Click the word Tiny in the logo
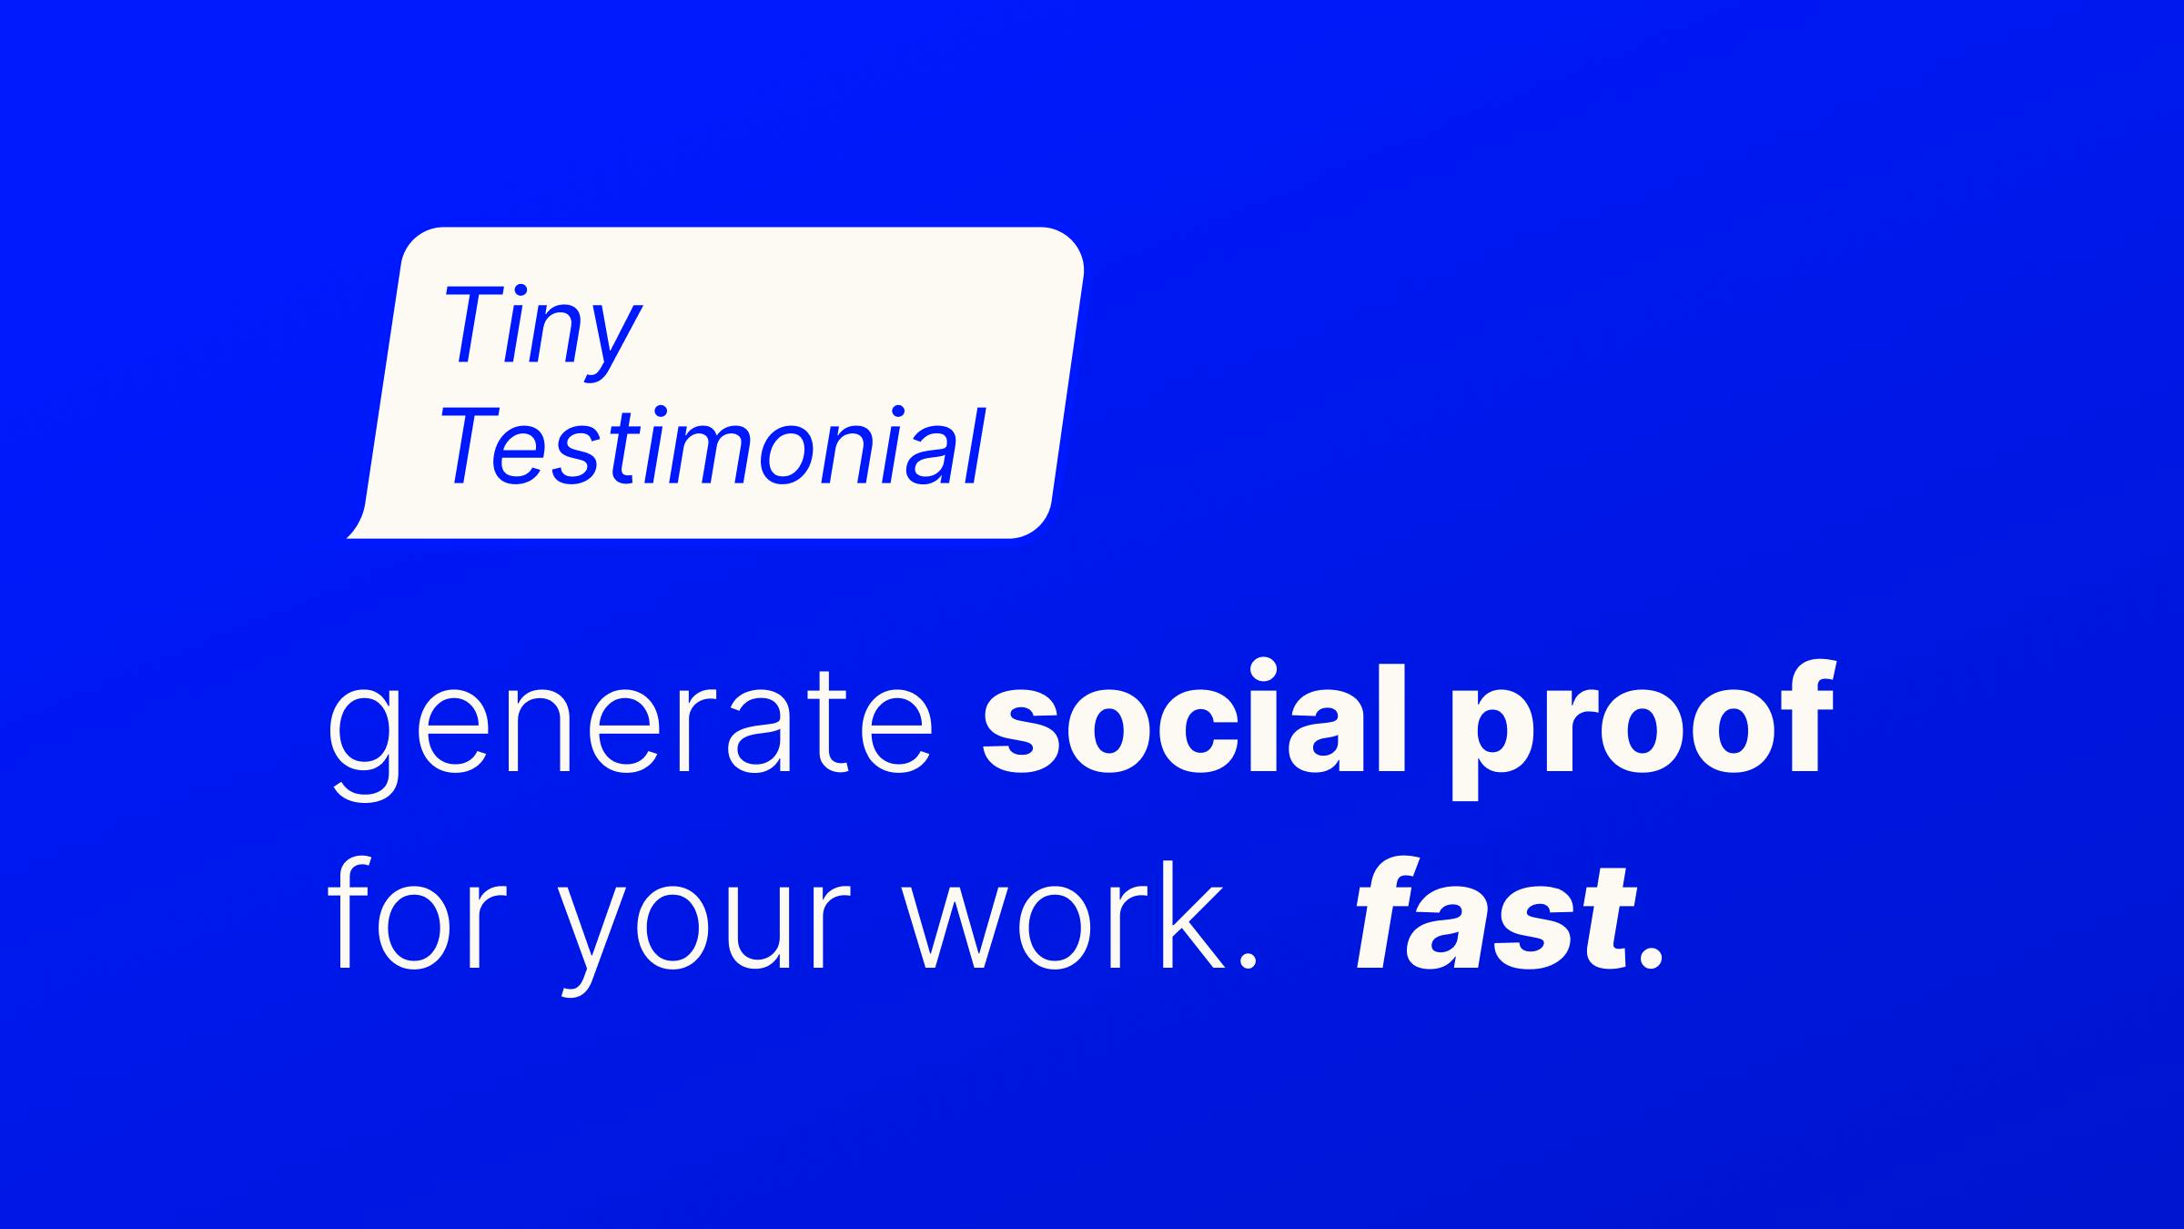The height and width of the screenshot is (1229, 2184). pyautogui.click(x=542, y=331)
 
